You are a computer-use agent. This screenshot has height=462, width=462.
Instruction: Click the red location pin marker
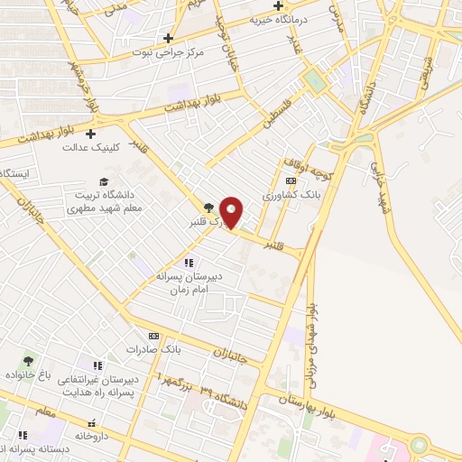coord(232,212)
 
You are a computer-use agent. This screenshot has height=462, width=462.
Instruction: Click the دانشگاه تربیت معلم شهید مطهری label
coord(104,200)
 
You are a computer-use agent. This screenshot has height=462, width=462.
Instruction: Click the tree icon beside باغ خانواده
coord(26,361)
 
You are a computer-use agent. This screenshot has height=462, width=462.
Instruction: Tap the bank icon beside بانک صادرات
coord(154,335)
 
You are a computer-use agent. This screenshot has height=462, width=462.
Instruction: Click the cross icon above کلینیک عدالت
coord(91,134)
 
